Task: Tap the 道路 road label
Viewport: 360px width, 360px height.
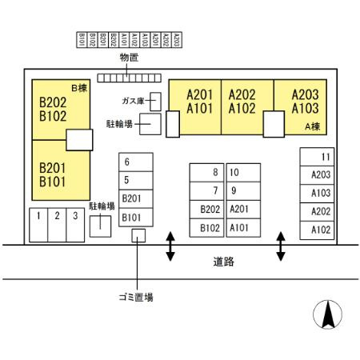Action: pyautogui.click(x=225, y=262)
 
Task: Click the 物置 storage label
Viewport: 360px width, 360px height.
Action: pyautogui.click(x=129, y=58)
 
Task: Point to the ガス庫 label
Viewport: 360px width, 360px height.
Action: pyautogui.click(x=133, y=102)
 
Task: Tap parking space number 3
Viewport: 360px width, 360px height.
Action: pyautogui.click(x=74, y=215)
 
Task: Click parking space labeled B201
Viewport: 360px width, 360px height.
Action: pyautogui.click(x=132, y=198)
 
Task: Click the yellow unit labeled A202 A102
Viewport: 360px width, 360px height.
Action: pyautogui.click(x=242, y=102)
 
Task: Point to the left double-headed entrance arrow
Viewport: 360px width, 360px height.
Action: pyautogui.click(x=170, y=246)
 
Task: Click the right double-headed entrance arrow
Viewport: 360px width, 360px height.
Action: pyautogui.click(x=280, y=246)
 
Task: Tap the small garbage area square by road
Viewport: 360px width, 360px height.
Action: pyautogui.click(x=138, y=235)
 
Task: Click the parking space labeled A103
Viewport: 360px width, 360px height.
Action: pyautogui.click(x=321, y=193)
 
